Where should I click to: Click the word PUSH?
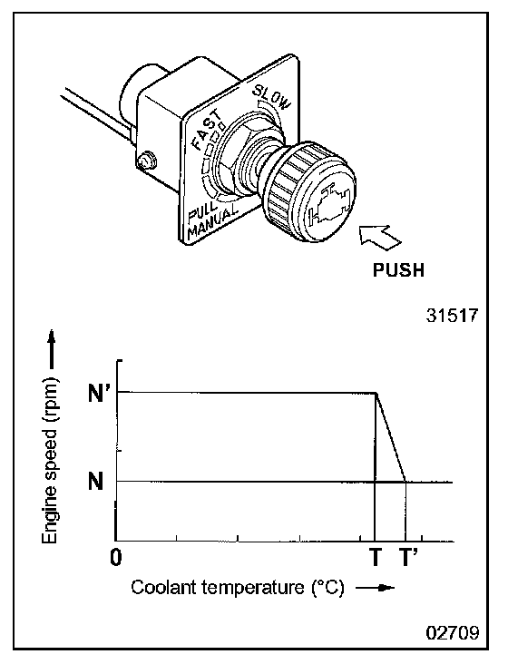point(398,269)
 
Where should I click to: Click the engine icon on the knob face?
point(330,204)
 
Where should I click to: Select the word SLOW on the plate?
point(272,97)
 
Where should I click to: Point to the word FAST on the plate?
point(207,130)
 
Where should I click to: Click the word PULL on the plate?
point(201,211)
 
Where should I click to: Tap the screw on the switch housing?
point(146,161)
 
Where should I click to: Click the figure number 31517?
point(452,316)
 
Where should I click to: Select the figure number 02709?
point(453,632)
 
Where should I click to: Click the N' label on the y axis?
point(96,394)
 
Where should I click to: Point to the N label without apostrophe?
point(95,481)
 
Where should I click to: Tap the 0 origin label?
point(115,557)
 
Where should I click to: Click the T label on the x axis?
point(376,557)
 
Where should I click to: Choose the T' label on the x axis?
point(408,557)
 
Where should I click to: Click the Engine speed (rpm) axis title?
point(50,460)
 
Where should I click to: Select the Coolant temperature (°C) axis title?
point(238,588)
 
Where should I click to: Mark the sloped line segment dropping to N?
point(391,437)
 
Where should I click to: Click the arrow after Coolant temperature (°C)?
point(375,588)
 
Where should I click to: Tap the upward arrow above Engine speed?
point(51,349)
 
